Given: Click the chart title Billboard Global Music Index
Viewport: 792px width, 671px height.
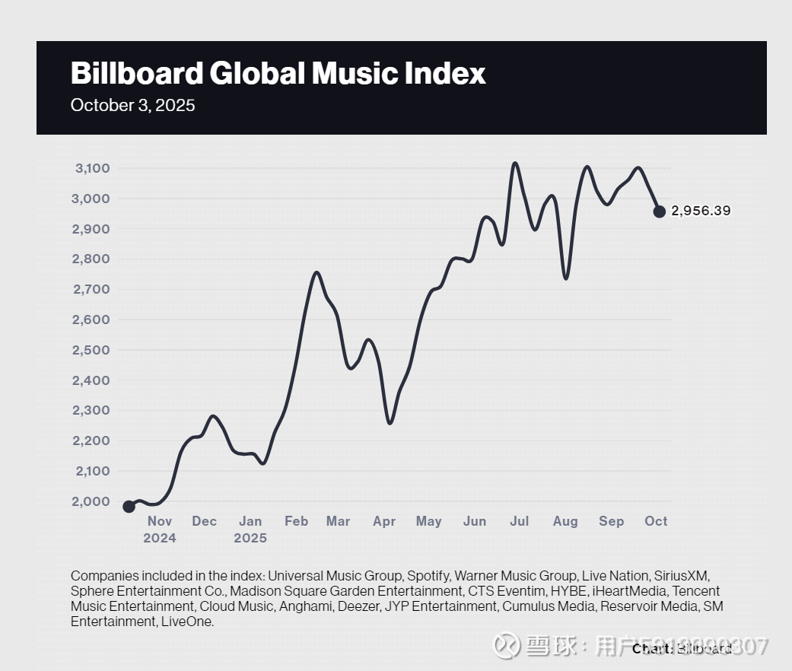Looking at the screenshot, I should click(278, 74).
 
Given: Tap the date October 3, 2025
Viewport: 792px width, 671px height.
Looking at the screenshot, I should click(132, 105).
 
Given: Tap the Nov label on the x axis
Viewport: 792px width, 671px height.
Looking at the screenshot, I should click(160, 521).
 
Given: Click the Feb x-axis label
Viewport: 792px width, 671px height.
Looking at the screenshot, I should click(296, 521).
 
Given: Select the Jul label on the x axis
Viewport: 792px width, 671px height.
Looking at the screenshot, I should click(519, 521).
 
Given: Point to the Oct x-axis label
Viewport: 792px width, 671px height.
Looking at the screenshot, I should click(656, 521).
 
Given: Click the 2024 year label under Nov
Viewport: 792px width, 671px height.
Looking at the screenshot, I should click(160, 538).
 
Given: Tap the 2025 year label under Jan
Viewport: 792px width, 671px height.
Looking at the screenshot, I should click(250, 538).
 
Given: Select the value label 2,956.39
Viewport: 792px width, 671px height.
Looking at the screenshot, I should click(701, 211).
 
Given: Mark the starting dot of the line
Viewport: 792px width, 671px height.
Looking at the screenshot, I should click(129, 507).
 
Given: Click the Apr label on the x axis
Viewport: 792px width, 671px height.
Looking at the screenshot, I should click(384, 521).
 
